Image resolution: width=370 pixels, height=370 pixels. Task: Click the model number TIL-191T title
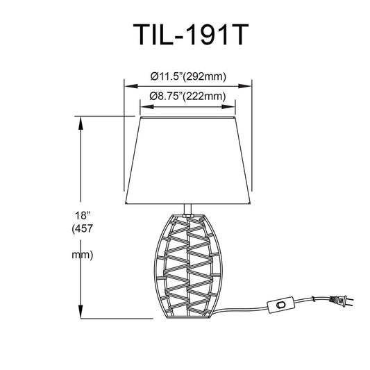click(x=191, y=35)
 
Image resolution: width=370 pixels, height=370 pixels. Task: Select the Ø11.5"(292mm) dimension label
click(x=188, y=76)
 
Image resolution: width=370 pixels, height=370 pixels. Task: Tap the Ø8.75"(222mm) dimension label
click(x=187, y=96)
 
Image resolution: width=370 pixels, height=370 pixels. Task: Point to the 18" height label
click(x=83, y=215)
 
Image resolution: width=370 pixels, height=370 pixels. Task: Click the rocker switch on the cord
click(x=280, y=305)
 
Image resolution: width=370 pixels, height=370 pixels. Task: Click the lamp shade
click(x=188, y=160)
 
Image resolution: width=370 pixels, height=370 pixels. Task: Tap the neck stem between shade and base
click(x=187, y=210)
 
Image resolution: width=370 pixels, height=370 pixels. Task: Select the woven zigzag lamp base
click(x=188, y=266)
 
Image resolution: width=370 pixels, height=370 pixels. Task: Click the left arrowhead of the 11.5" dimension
click(x=131, y=86)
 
